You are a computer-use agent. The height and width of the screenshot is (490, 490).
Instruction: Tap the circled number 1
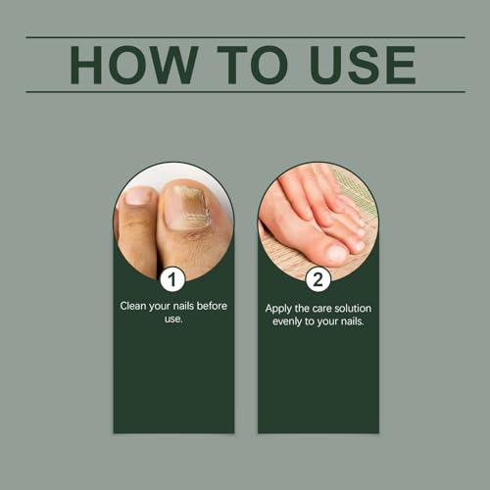tap(173, 279)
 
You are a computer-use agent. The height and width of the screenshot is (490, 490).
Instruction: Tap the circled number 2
tap(318, 279)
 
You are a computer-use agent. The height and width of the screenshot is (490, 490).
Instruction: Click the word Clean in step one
tap(134, 306)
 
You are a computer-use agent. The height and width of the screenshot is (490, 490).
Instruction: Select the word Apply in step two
tap(277, 307)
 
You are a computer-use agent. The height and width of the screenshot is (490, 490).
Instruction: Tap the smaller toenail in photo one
tap(138, 196)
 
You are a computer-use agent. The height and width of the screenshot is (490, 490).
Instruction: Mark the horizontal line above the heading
tap(245, 37)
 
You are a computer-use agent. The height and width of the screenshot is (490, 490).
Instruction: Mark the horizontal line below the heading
tap(245, 91)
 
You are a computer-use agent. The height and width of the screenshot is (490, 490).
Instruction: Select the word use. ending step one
tap(173, 319)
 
